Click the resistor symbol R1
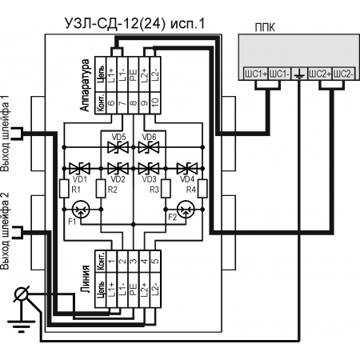pyautogui.click(x=64, y=189)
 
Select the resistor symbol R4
pyautogui.click(x=202, y=189)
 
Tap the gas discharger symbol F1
pyautogui.click(x=81, y=210)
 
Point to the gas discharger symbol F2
pyautogui.click(x=186, y=210)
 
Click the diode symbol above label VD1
pyautogui.click(x=79, y=169)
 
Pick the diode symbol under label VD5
pyautogui.click(x=118, y=147)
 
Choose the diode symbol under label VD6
pyautogui.click(x=149, y=147)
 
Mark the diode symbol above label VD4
pyautogui.click(x=187, y=169)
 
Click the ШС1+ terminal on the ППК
pyautogui.click(x=256, y=74)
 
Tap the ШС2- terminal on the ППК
pyautogui.click(x=344, y=74)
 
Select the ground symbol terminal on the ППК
pyautogui.click(x=299, y=74)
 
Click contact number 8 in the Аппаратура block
pyautogui.click(x=134, y=103)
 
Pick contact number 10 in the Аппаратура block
pyautogui.click(x=155, y=103)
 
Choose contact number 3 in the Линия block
pyautogui.click(x=134, y=262)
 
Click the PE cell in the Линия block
pyautogui.click(x=134, y=290)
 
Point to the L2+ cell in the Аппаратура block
pyautogui.click(x=144, y=74)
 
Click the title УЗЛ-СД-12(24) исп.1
pyautogui.click(x=135, y=23)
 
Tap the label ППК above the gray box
pyautogui.click(x=265, y=27)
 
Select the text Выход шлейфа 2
pyautogui.click(x=5, y=231)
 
